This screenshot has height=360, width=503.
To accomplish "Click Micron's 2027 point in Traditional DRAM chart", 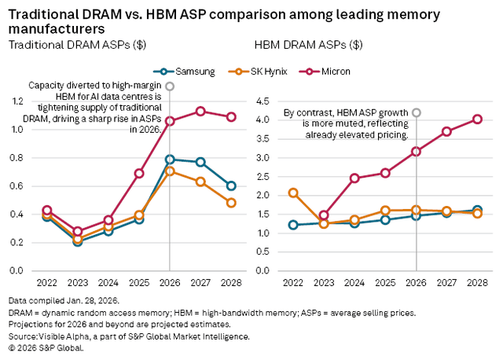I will pyautogui.click(x=200, y=112).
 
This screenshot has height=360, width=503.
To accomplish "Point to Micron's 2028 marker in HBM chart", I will pyautogui.click(x=476, y=119).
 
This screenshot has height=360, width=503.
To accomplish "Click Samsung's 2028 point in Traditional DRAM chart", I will pyautogui.click(x=231, y=186).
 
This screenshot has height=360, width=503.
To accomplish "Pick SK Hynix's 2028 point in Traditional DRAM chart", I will pyautogui.click(x=231, y=203).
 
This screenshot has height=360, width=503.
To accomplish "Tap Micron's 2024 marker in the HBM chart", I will pyautogui.click(x=354, y=178).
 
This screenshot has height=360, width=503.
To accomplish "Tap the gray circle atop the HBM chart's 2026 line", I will pyautogui.click(x=416, y=112).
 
